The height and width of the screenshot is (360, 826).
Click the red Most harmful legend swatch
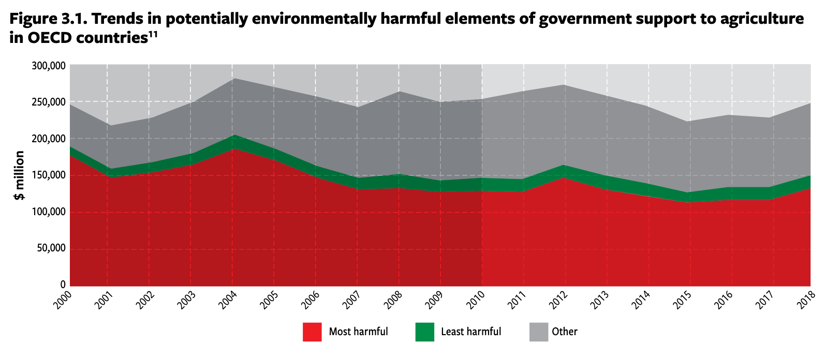click(x=312, y=332)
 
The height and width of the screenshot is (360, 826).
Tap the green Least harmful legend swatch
click(x=424, y=332)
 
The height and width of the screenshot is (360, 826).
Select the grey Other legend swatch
click(x=538, y=332)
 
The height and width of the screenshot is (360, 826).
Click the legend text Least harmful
click(x=471, y=332)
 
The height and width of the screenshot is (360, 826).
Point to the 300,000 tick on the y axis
click(x=49, y=66)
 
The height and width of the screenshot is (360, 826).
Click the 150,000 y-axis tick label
click(x=49, y=175)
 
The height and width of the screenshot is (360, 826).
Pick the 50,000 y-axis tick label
click(x=51, y=248)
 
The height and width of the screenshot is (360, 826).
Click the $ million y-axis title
click(x=20, y=175)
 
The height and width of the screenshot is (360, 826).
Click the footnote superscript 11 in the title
click(x=153, y=34)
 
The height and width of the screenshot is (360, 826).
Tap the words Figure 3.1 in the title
click(x=47, y=19)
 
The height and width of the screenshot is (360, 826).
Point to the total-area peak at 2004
click(x=232, y=79)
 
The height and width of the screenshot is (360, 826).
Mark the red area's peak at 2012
click(x=565, y=178)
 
